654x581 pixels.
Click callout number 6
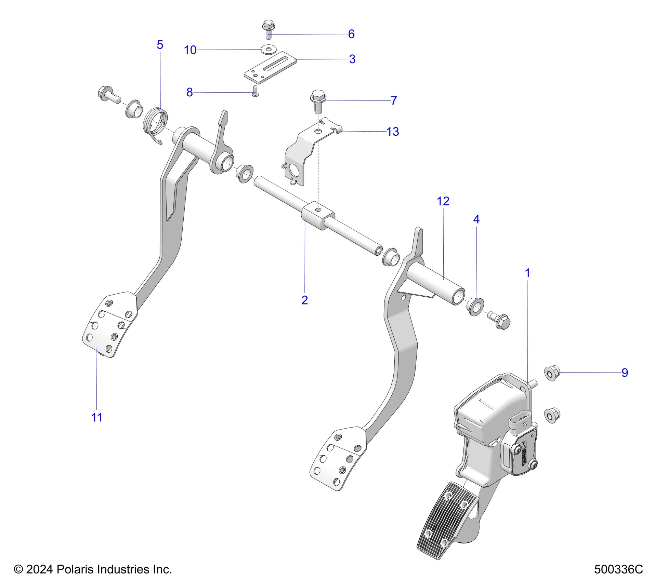pyautogui.click(x=351, y=34)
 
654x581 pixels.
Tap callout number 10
pyautogui.click(x=190, y=50)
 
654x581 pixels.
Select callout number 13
pyautogui.click(x=393, y=132)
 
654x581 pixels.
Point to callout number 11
pyautogui.click(x=97, y=417)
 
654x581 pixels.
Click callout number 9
pyautogui.click(x=625, y=373)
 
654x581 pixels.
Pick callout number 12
pyautogui.click(x=443, y=201)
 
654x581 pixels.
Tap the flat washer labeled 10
pyautogui.click(x=269, y=49)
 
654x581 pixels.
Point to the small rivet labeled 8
pyautogui.click(x=255, y=91)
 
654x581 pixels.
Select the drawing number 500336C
pyautogui.click(x=618, y=569)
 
